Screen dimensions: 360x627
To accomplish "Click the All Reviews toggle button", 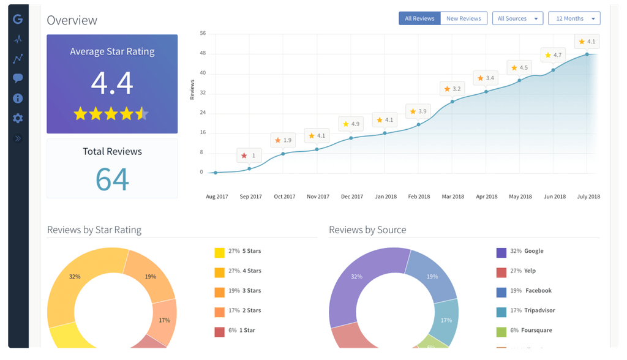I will [x=419, y=18].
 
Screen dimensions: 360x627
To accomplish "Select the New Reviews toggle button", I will [x=464, y=18].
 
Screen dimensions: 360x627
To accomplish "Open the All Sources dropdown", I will [x=517, y=18].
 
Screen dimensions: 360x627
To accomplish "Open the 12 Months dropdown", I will [x=574, y=18].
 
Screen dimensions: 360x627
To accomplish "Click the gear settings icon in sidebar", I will [x=18, y=118].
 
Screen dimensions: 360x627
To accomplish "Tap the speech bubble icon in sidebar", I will [x=18, y=78].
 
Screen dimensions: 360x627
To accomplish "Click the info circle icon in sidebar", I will [x=18, y=99].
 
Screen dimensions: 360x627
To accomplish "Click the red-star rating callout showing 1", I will [x=249, y=156].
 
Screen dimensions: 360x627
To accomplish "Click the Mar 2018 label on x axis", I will [x=452, y=197].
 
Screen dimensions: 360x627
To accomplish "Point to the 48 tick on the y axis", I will [x=203, y=53].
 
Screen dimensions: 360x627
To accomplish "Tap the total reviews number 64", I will [x=112, y=179].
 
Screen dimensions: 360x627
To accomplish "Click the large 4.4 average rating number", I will [x=112, y=83].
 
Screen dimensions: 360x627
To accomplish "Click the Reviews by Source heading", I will [x=367, y=230].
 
